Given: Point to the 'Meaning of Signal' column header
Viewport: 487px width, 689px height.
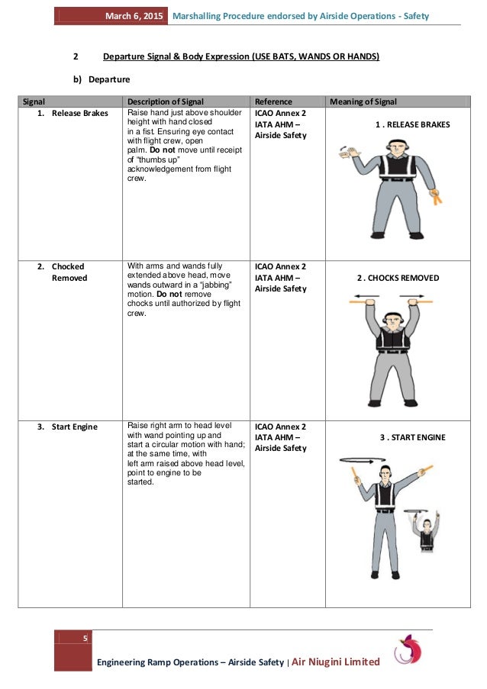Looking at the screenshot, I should tap(363, 101).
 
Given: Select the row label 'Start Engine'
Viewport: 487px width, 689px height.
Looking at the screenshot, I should tap(74, 427).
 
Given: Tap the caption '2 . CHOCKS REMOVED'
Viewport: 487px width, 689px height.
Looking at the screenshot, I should tap(398, 278).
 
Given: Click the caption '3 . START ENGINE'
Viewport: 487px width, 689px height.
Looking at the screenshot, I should tap(412, 437).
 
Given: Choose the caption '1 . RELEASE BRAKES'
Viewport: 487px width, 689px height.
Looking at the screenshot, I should tap(412, 124).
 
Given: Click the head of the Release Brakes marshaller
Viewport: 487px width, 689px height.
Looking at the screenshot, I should tap(395, 147).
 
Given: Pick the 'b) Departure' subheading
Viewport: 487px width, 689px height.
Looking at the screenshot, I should tap(104, 79).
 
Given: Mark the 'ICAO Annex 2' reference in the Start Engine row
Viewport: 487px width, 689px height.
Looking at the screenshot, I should tap(280, 427).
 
